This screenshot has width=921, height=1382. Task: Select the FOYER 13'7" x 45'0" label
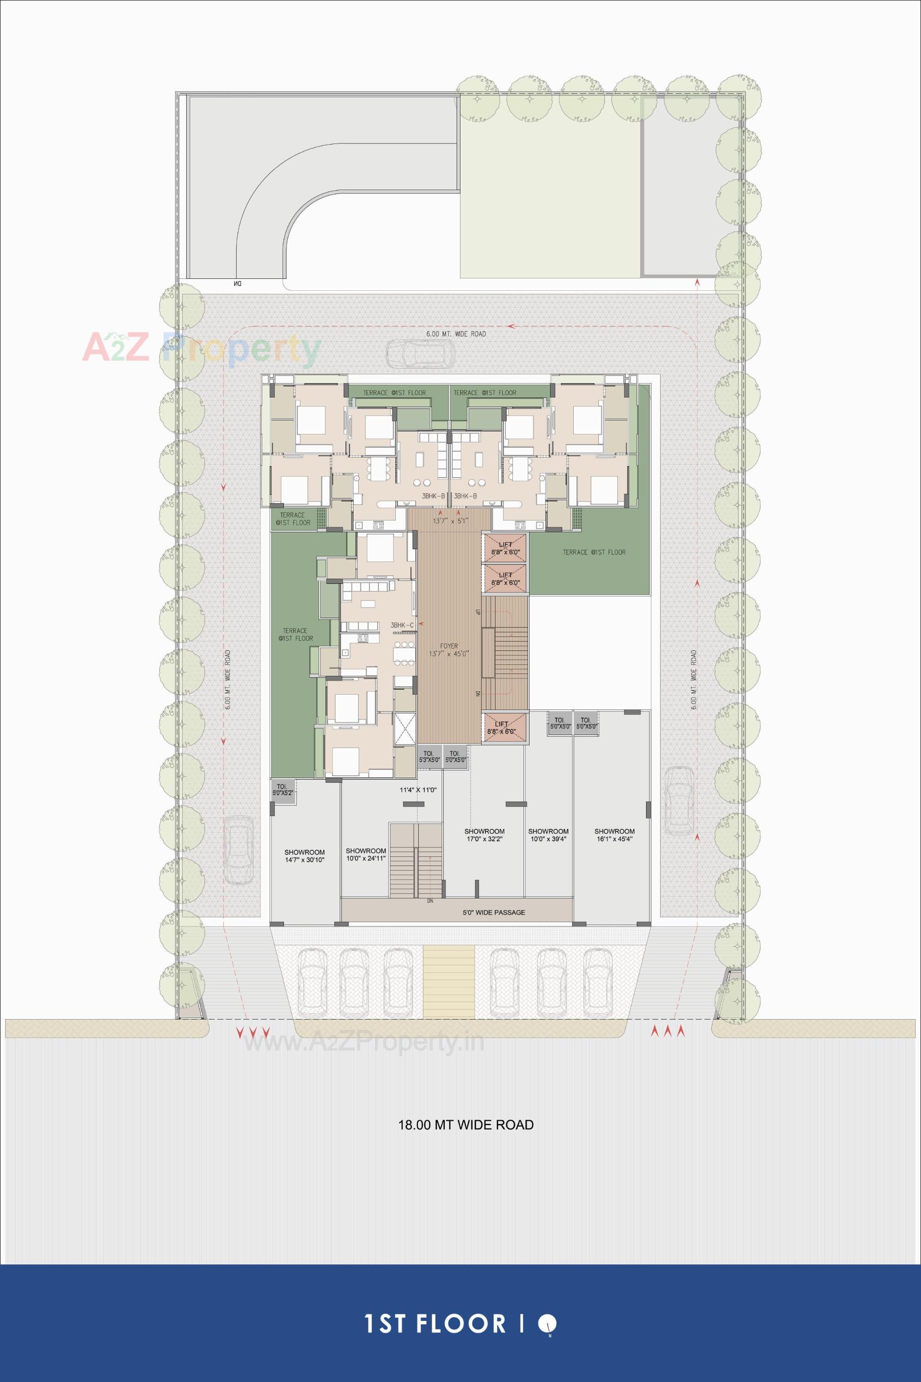(449, 649)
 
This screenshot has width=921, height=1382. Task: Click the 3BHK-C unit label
(402, 625)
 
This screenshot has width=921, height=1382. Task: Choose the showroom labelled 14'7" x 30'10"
(304, 855)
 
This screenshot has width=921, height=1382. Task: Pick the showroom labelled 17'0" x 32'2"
(484, 835)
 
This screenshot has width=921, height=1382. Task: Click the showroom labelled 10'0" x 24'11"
(366, 854)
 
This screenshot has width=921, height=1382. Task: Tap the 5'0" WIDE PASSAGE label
(494, 913)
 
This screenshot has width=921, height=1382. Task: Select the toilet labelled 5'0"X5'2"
(282, 789)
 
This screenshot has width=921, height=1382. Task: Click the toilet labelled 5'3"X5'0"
(429, 756)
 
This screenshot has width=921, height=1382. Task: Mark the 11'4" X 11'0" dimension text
(418, 790)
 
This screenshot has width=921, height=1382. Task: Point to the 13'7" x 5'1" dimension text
(451, 521)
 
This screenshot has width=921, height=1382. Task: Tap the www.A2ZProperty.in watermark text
(364, 1043)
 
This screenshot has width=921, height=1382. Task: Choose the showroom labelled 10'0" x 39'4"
(548, 835)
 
